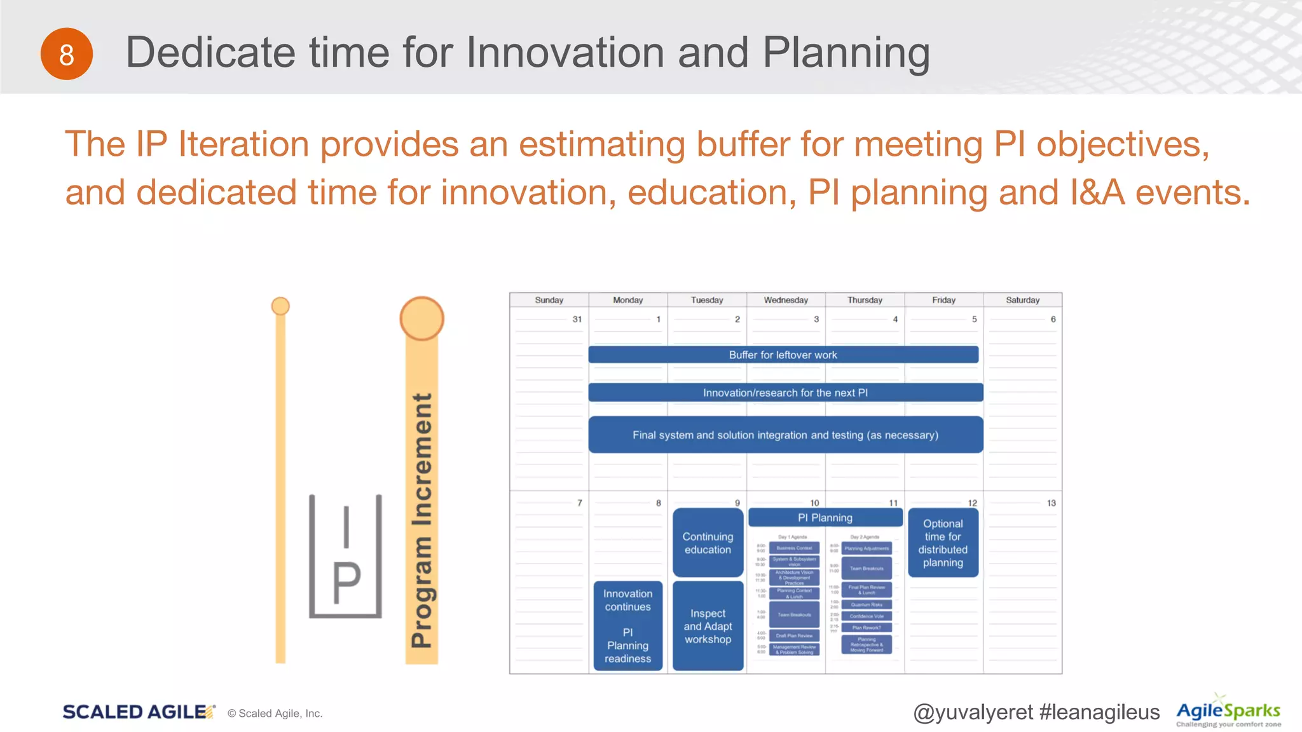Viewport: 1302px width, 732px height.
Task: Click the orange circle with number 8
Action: click(x=67, y=54)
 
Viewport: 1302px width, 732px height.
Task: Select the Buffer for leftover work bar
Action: click(x=783, y=355)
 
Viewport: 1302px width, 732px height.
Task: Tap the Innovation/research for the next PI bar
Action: click(x=785, y=393)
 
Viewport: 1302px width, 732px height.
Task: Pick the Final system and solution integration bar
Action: click(x=785, y=435)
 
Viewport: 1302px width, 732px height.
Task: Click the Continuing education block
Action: click(x=708, y=543)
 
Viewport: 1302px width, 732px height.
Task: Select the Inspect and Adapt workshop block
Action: click(x=708, y=626)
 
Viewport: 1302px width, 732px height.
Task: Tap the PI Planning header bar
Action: click(x=825, y=517)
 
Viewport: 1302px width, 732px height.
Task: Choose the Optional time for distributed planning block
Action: click(x=943, y=543)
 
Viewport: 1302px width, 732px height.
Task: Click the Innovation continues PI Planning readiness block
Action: click(x=627, y=626)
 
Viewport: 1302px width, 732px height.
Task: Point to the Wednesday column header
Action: click(x=786, y=300)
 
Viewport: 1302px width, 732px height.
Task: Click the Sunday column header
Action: click(x=549, y=300)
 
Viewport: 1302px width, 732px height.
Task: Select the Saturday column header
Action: click(x=1022, y=300)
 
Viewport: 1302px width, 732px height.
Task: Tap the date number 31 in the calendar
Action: click(x=577, y=319)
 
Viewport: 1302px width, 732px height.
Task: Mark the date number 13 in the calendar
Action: click(x=1051, y=503)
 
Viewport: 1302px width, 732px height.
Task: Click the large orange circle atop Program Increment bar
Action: click(x=421, y=318)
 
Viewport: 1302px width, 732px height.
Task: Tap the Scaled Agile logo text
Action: click(x=135, y=712)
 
